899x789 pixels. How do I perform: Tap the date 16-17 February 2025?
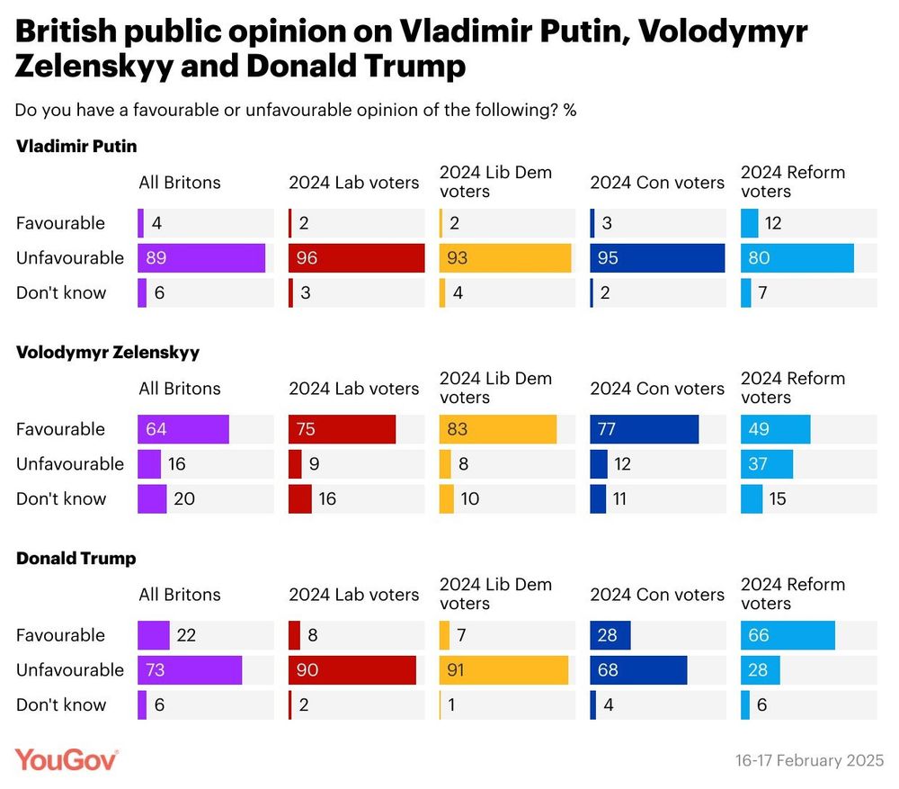809,760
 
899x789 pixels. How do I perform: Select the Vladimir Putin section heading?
76,146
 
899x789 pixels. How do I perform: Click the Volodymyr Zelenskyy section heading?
108,352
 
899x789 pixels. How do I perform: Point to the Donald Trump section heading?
76,558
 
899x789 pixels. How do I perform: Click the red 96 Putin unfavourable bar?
356,258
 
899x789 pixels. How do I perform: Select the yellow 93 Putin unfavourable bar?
505,258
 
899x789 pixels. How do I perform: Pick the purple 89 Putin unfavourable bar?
201,258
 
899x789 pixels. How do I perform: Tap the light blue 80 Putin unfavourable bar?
797,258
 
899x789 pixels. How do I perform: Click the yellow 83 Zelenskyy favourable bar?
498,429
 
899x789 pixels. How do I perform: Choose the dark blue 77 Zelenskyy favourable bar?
644,429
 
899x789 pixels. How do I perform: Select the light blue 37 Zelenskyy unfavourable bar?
767,464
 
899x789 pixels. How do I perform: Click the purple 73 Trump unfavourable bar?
190,670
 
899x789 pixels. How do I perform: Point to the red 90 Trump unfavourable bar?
352,670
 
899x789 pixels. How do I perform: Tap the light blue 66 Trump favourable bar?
788,635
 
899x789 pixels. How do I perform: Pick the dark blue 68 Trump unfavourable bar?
638,670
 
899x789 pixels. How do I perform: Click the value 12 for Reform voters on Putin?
773,223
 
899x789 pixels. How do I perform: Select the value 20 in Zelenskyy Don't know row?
183,498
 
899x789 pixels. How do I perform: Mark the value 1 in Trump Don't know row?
452,705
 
